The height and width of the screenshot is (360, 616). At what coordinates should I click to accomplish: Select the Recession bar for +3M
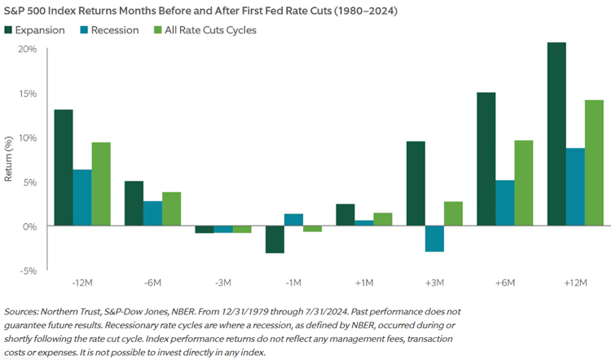click(x=435, y=239)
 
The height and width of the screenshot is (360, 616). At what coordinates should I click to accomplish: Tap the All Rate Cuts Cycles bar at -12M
click(x=101, y=184)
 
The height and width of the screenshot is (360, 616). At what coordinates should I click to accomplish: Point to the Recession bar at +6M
click(x=505, y=203)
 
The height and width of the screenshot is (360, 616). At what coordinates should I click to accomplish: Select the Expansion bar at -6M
click(x=134, y=203)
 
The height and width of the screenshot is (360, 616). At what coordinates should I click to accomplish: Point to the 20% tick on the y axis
click(x=27, y=49)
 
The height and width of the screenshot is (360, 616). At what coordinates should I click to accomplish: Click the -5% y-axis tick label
click(x=27, y=270)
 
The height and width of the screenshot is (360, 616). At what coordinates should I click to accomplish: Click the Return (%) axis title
click(x=9, y=159)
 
